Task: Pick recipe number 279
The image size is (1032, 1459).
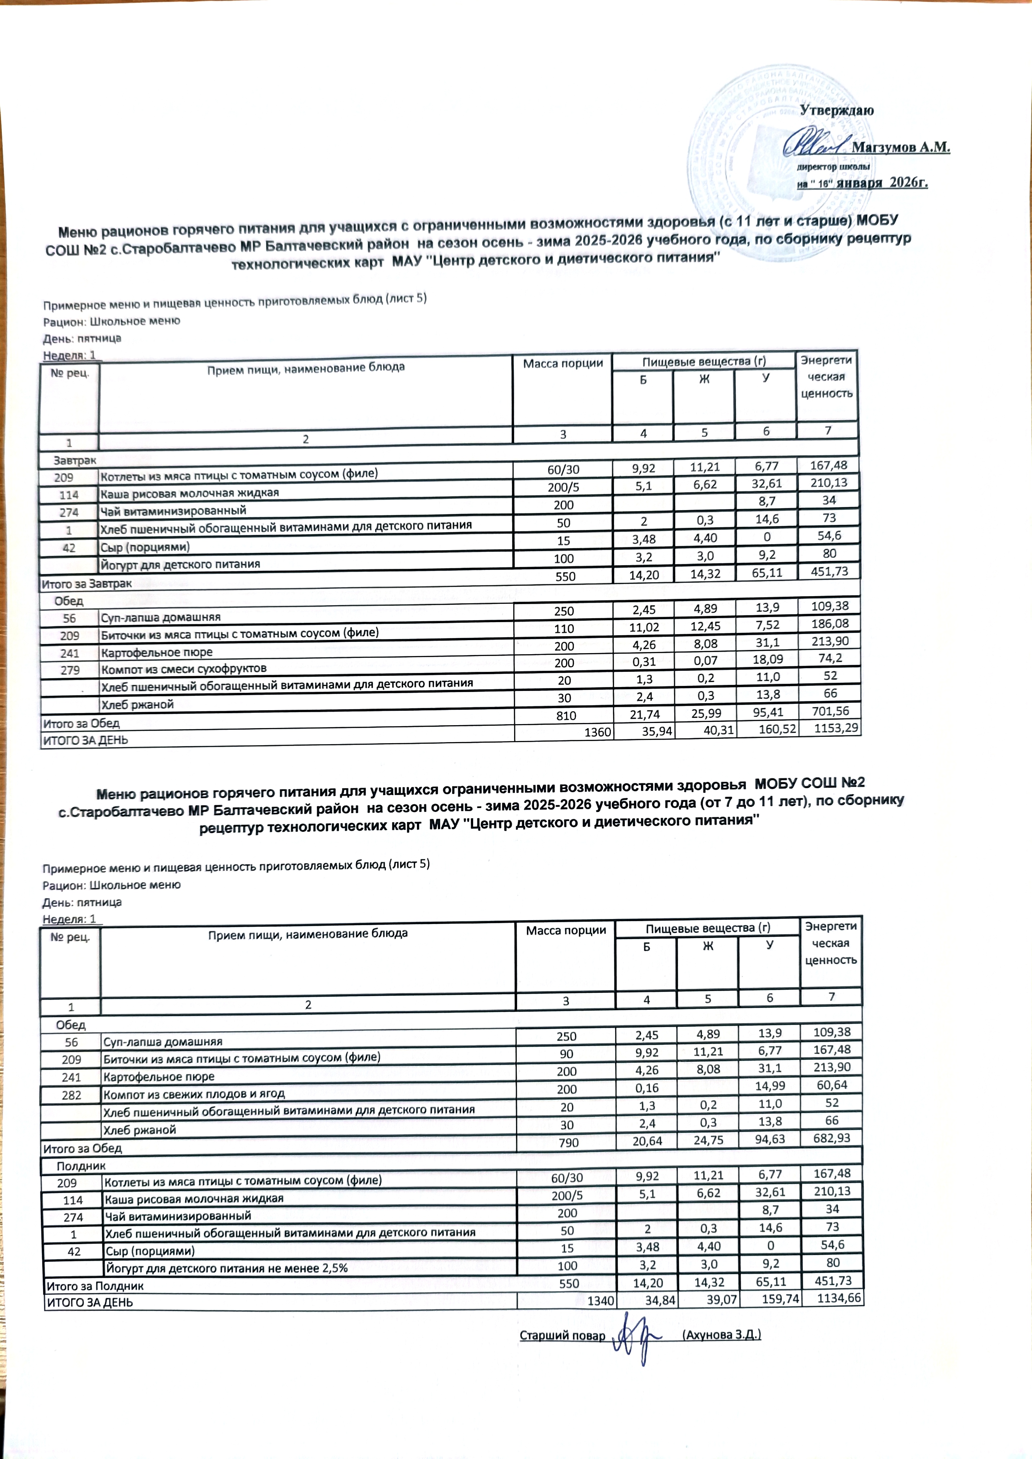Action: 70,670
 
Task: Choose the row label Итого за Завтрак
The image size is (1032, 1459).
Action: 86,583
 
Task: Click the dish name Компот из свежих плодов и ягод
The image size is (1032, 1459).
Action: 194,1094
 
